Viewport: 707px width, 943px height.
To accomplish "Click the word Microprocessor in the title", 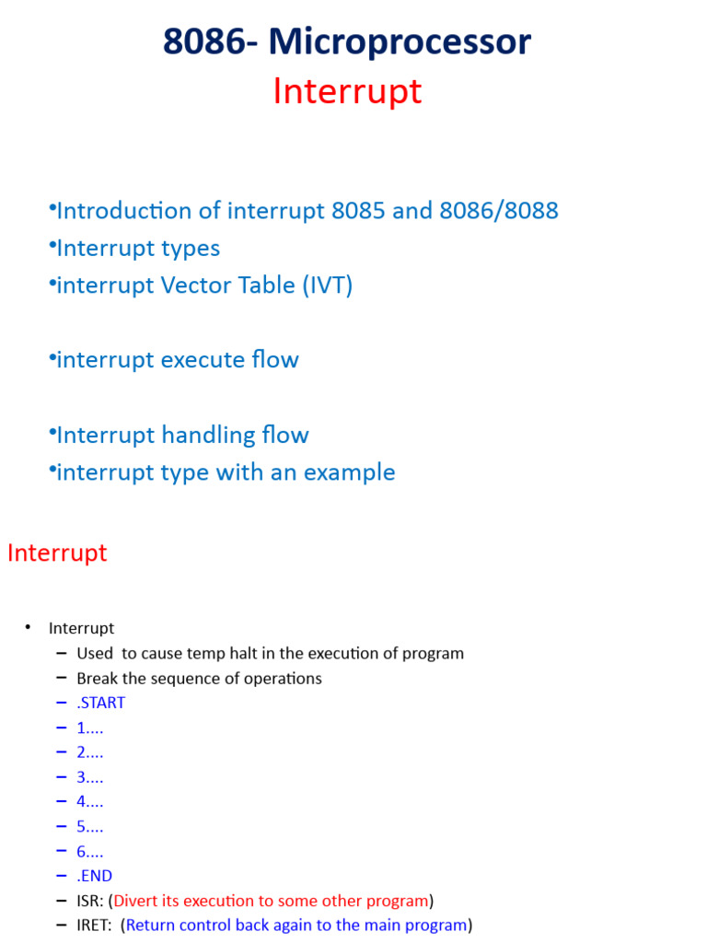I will pos(400,42).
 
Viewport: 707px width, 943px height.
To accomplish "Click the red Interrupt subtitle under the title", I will pos(347,91).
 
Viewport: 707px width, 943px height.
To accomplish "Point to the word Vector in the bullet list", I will pos(199,285).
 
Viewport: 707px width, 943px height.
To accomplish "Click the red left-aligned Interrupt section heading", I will pos(57,553).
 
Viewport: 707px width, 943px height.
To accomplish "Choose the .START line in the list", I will pos(101,703).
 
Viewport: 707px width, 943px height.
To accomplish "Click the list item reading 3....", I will pos(89,777).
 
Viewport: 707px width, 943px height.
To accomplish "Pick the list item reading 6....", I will pos(89,852).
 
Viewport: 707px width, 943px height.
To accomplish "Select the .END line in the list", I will pos(95,876).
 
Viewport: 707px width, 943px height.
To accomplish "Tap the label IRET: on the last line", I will pos(95,925).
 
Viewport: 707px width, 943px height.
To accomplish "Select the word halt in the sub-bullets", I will pos(253,654).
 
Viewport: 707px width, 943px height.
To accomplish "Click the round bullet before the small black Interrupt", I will pos(28,628).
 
